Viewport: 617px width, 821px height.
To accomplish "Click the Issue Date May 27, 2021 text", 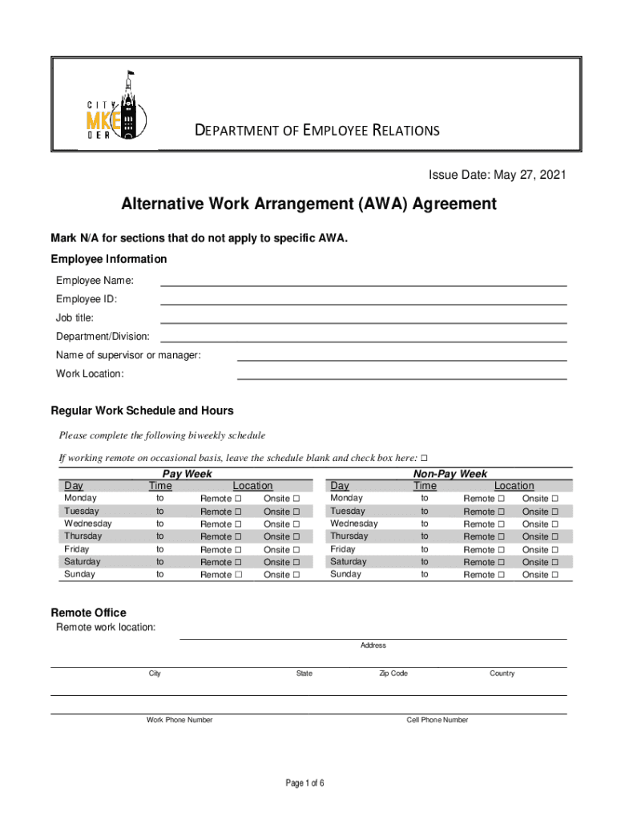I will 493,175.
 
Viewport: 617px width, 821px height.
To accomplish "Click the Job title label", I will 75,317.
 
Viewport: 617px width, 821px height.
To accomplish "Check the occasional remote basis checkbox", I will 424,458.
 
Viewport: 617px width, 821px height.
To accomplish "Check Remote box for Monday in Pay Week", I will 238,499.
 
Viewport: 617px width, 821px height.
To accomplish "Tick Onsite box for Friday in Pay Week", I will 296,550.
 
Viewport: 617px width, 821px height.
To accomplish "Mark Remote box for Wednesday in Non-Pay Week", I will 501,524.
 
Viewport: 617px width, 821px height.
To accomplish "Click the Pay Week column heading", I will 188,474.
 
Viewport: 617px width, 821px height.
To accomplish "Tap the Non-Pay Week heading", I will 450,474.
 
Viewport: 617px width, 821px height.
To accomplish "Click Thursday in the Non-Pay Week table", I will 349,536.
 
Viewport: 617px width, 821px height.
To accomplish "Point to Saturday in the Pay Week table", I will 83,562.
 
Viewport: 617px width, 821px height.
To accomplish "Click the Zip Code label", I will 393,673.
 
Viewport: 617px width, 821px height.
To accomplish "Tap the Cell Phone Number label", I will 437,720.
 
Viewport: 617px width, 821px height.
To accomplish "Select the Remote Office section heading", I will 88,613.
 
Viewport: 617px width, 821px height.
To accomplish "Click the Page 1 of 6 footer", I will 305,783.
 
